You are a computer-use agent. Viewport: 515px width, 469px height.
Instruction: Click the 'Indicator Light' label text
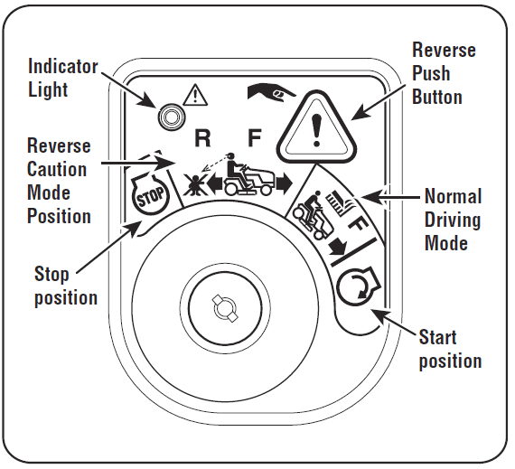(x=62, y=78)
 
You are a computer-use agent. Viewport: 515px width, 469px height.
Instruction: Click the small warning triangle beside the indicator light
(x=195, y=93)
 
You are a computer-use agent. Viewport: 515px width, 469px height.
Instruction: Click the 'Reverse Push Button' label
(x=443, y=72)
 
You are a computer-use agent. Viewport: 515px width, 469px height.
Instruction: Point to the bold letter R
(x=203, y=138)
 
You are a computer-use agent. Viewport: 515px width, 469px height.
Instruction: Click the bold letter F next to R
(x=255, y=138)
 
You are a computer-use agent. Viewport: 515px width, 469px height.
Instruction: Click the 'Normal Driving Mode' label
(x=452, y=219)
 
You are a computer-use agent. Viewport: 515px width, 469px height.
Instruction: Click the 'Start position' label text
(x=449, y=349)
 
